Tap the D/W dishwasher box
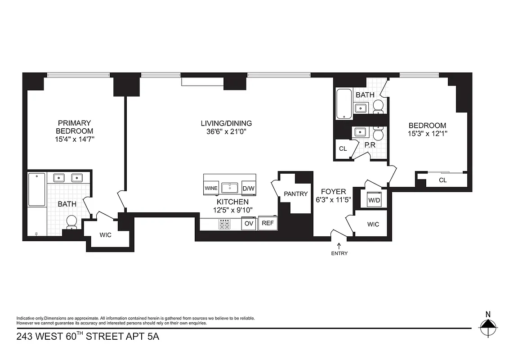click(x=249, y=188)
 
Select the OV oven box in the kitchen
click(x=248, y=223)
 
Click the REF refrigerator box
click(x=268, y=223)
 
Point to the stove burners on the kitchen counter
click(x=224, y=224)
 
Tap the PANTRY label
click(x=295, y=194)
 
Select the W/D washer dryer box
click(x=374, y=199)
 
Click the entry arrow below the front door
click(x=339, y=245)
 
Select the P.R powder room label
click(x=370, y=145)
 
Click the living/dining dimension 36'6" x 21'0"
click(x=226, y=131)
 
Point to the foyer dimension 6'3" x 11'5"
click(x=333, y=200)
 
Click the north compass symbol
click(x=488, y=325)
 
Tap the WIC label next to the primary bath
click(x=105, y=234)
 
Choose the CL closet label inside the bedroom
click(x=442, y=180)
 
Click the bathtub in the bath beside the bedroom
click(x=344, y=104)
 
